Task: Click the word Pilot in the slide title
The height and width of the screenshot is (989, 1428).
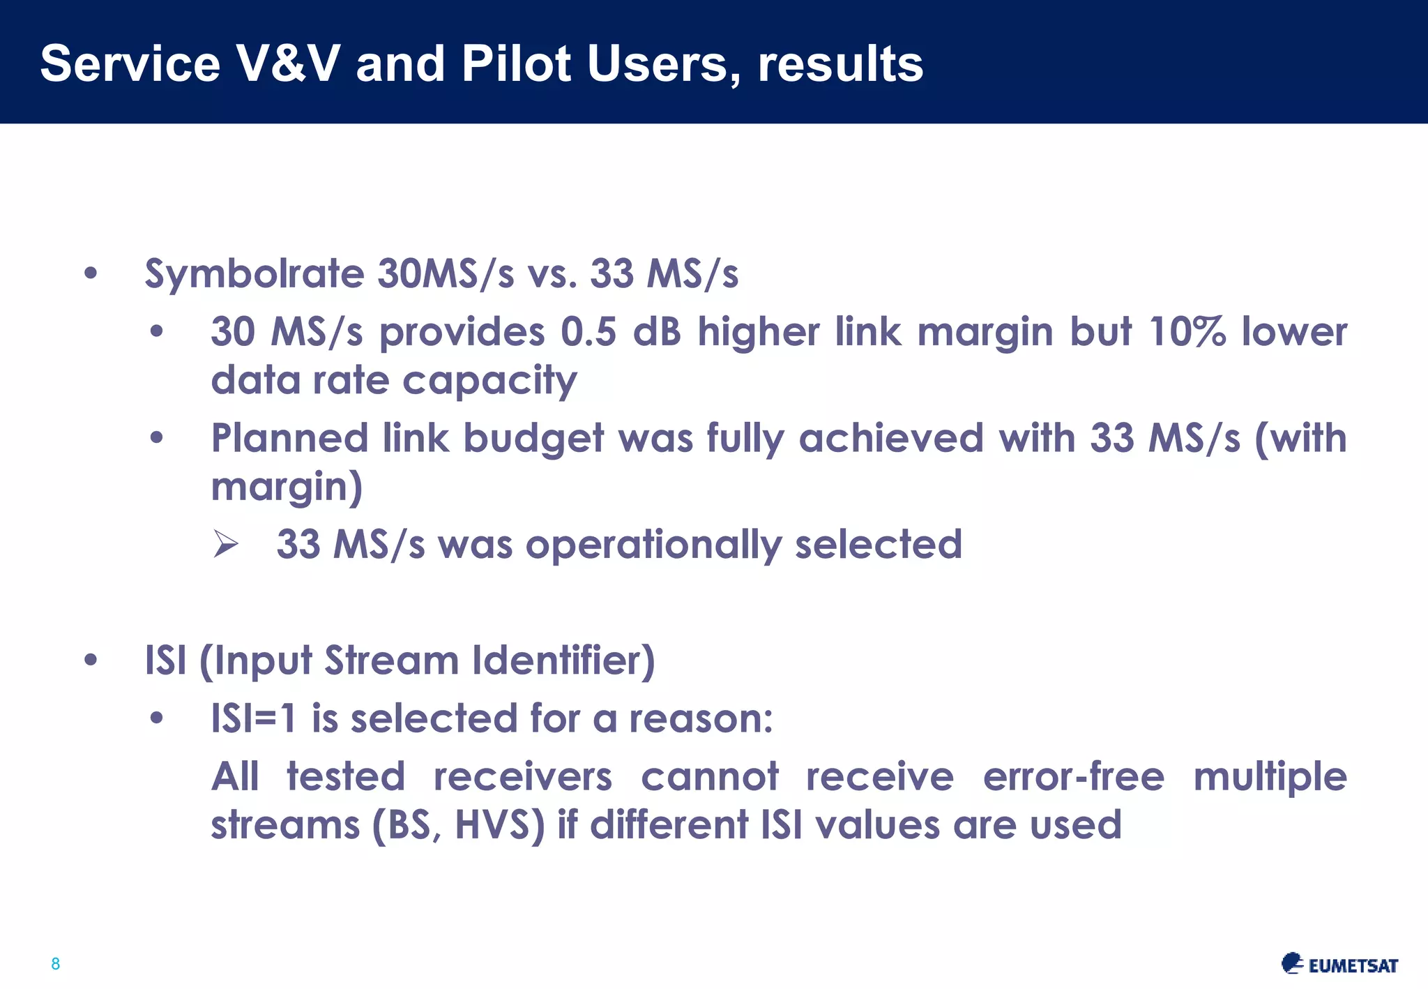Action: click(517, 63)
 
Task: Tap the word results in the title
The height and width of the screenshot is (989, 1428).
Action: click(840, 63)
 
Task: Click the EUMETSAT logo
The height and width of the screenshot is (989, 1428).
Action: click(1339, 964)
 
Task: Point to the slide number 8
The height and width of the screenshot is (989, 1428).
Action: click(56, 964)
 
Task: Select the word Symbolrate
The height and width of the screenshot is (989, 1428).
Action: click(254, 274)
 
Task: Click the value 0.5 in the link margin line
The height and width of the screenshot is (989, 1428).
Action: click(588, 331)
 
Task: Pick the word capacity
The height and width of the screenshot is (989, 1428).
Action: click(489, 381)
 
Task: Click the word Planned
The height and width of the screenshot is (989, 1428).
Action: click(289, 438)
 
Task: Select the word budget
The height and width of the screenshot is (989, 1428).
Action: click(533, 439)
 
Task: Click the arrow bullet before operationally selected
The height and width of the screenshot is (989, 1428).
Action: click(226, 544)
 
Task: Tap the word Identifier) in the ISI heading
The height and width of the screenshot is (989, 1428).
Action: click(563, 660)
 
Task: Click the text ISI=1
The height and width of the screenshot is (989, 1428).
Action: click(255, 718)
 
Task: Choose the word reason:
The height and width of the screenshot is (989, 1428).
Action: click(701, 718)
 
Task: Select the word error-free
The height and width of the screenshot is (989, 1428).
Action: click(1073, 776)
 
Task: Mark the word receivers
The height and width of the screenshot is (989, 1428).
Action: click(522, 776)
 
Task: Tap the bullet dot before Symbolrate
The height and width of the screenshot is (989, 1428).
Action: click(91, 273)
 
